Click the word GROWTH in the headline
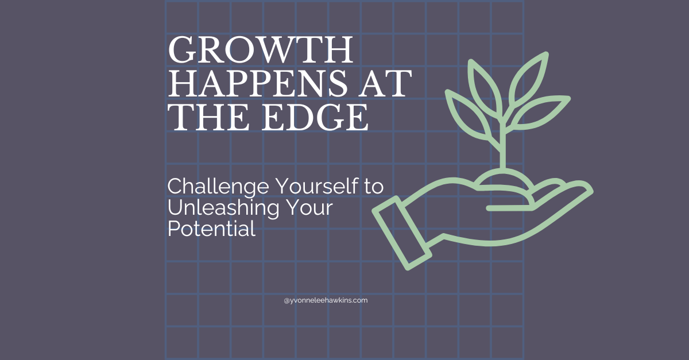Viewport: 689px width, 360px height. click(x=261, y=50)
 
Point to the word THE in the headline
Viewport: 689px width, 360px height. click(x=208, y=117)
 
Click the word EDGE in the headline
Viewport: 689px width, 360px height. click(x=315, y=117)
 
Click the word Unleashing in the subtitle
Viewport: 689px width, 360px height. click(x=223, y=208)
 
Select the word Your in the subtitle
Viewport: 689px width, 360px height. click(x=309, y=208)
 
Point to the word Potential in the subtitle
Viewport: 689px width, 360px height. click(x=212, y=229)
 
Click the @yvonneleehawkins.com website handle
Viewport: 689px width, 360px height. click(x=326, y=300)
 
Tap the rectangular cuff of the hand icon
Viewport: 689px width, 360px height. click(x=401, y=233)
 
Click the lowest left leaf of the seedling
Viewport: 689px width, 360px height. click(x=467, y=113)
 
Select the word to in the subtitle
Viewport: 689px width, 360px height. click(x=374, y=187)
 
